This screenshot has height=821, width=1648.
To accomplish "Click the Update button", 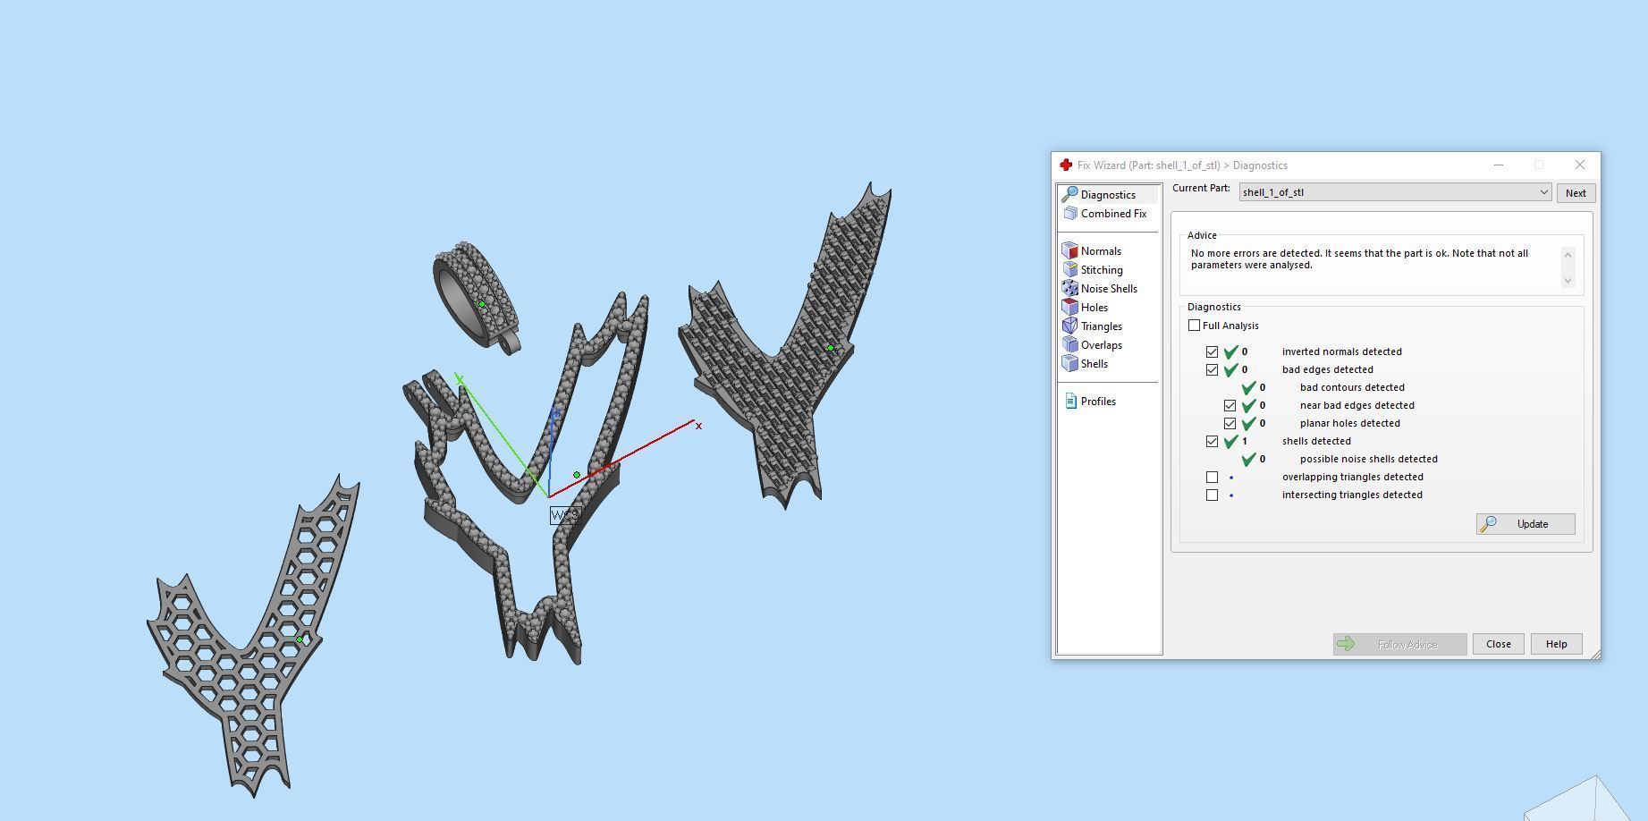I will pos(1525,524).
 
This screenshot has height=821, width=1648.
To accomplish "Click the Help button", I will pos(1556,644).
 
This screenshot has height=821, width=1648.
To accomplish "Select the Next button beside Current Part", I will pos(1575,193).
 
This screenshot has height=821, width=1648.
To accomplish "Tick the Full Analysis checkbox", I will pos(1194,326).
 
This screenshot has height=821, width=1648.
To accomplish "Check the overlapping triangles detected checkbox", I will pos(1212,477).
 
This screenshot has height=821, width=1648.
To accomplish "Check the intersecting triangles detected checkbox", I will pos(1212,495).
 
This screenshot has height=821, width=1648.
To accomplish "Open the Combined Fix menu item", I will pos(1112,214).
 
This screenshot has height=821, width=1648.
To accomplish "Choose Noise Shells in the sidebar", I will pos(1108,289).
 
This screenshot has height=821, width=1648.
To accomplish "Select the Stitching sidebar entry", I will pos(1101,270).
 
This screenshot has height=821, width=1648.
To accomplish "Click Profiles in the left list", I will pos(1097,402).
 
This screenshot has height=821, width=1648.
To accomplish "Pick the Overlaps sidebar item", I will pos(1101,345).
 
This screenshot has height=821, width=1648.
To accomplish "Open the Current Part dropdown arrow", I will pos(1543,192).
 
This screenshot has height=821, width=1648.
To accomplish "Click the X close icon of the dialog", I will pos(1579,165).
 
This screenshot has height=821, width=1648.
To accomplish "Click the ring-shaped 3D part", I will pos(474,295).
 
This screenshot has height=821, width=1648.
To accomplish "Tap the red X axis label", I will pos(698,426).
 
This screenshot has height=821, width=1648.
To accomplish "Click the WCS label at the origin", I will pos(564,515).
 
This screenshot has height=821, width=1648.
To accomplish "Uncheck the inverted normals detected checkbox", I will pos(1212,351).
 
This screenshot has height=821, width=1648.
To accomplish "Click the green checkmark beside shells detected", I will pos(1230,441).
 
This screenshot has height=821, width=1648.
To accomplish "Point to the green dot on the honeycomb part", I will pos(300,639).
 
